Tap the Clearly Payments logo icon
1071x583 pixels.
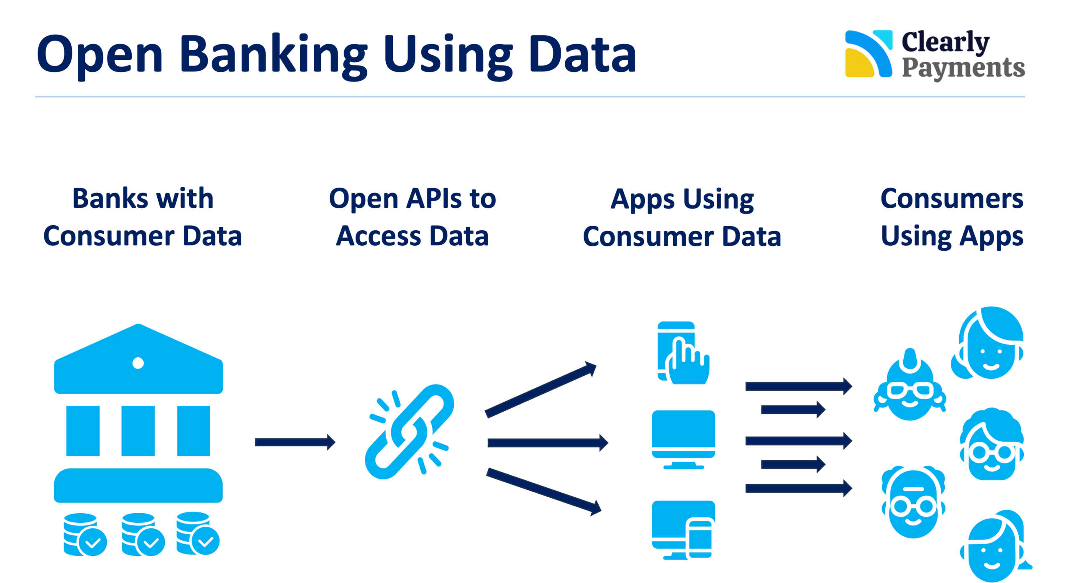[869, 54]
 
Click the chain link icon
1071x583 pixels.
[409, 432]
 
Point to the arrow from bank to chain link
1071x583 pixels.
[295, 442]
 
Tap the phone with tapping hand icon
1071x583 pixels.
[683, 354]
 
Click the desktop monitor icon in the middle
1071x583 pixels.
[683, 439]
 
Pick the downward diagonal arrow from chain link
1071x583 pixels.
[543, 491]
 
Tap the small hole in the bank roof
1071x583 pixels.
[138, 363]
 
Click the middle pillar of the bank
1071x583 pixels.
[138, 431]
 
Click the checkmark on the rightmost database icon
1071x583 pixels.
[205, 542]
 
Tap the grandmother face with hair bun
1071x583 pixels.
[910, 389]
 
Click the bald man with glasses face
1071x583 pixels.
[913, 504]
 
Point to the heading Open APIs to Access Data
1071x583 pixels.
[413, 217]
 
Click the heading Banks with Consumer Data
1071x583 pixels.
[143, 217]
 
